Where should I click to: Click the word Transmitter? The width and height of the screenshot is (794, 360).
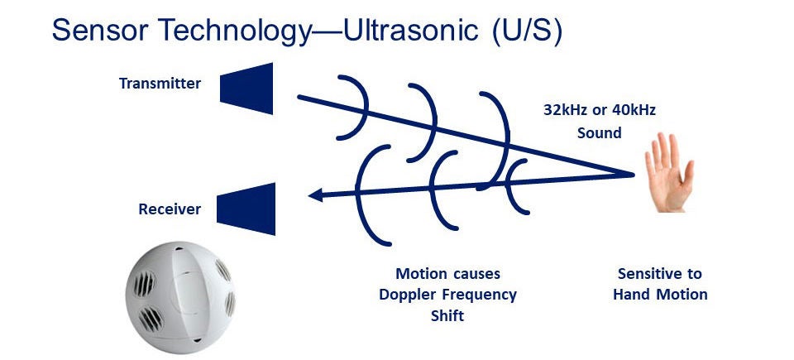click(x=160, y=84)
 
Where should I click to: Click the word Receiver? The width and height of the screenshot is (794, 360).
click(x=169, y=209)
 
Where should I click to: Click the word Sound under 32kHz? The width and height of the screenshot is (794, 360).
click(x=598, y=132)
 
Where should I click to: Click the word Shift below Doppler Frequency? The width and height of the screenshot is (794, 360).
click(x=447, y=315)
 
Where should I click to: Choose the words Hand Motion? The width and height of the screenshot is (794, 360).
click(x=660, y=294)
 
